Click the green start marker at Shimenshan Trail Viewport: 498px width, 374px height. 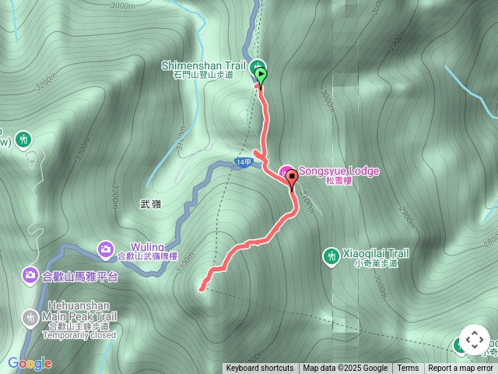point(261,75)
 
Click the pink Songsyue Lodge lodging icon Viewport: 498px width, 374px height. point(286,171)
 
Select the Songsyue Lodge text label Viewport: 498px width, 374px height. point(338,171)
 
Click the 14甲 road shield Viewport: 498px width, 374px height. point(244,161)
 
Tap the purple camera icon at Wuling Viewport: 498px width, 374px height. point(105,249)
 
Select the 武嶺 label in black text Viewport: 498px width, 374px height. point(150,204)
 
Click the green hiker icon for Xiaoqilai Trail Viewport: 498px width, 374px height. point(331,255)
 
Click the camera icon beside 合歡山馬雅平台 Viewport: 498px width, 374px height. point(30,274)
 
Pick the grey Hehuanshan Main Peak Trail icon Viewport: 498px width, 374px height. point(30,317)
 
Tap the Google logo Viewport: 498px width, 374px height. point(30,363)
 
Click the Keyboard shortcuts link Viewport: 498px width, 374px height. point(260,369)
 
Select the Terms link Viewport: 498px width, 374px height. point(408,369)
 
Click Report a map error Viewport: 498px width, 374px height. point(461,369)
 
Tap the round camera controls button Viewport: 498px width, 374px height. point(475,340)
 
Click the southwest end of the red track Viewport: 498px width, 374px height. point(202,289)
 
